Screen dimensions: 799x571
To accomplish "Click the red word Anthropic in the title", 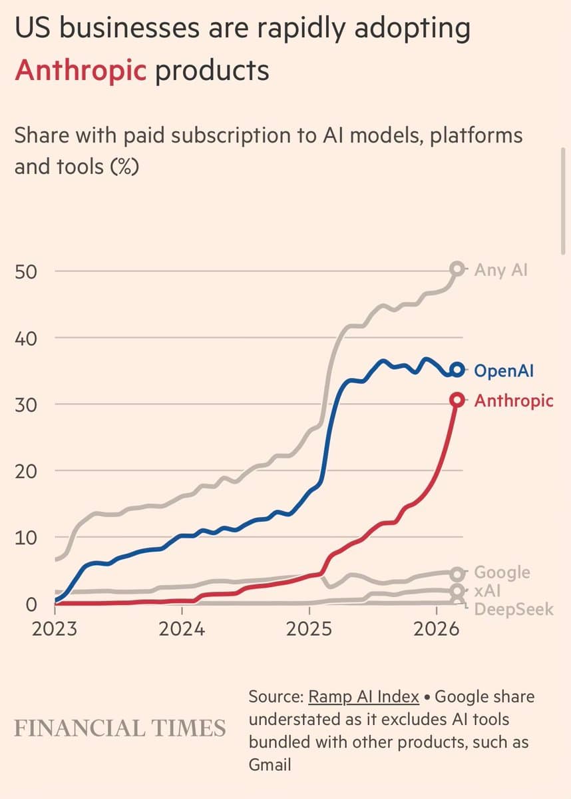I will click(79, 69).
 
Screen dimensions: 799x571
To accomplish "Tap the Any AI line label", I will click(500, 270).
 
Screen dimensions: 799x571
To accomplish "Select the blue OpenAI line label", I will click(504, 371).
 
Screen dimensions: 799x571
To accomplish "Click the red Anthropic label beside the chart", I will click(513, 400).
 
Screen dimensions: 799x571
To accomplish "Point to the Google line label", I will click(502, 572).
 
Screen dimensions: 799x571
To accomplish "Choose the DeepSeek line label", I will click(513, 608).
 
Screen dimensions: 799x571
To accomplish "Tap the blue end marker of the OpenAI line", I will click(457, 370).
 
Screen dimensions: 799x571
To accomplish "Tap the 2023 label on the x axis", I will click(55, 628).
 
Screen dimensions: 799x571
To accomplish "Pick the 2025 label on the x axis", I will click(309, 628).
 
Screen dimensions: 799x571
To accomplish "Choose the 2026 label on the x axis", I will click(436, 628).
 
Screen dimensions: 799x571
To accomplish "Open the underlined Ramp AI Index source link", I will click(363, 697).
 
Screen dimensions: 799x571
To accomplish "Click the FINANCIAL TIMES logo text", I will click(120, 728).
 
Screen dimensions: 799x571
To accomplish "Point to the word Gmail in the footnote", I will click(270, 764).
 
